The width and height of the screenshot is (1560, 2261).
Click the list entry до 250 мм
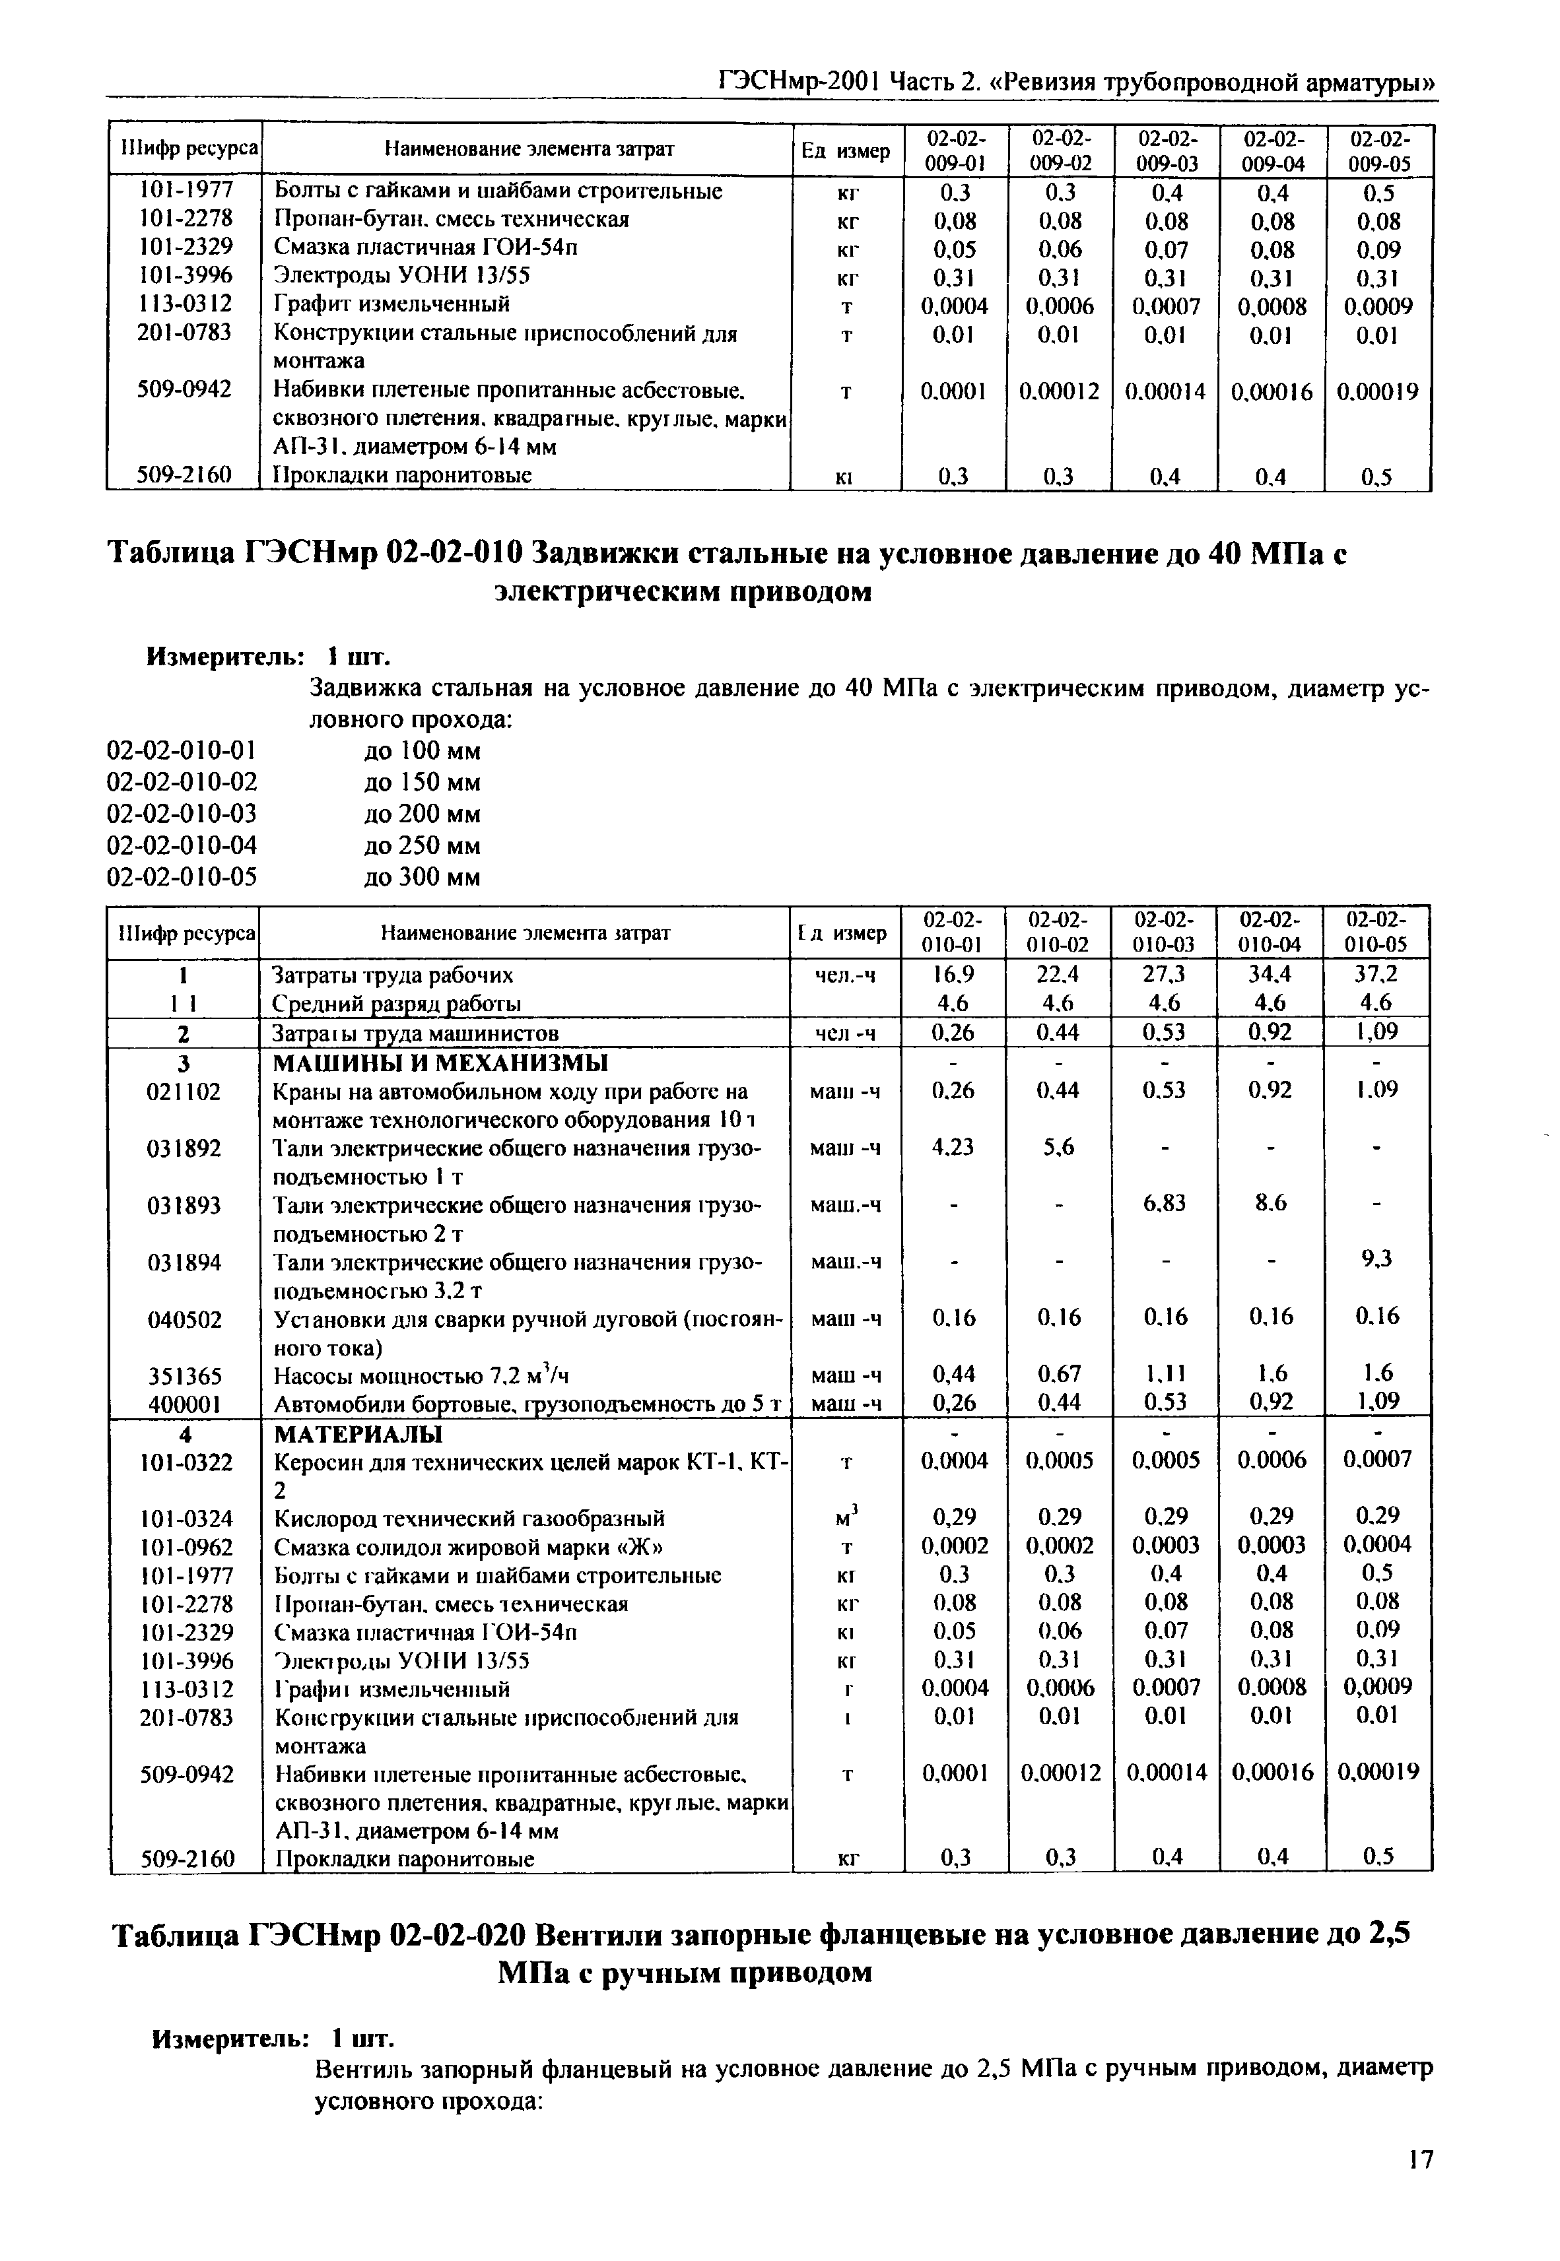pos(421,845)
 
